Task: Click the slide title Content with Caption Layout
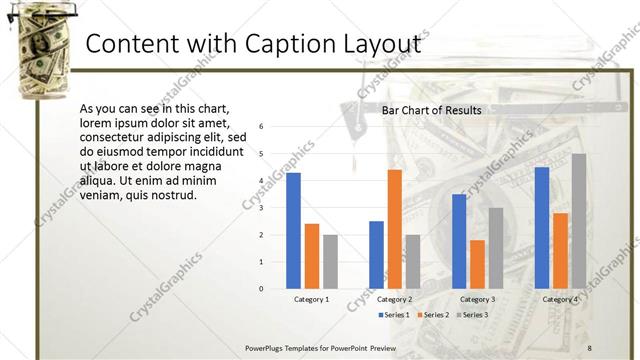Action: click(x=251, y=45)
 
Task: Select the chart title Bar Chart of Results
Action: click(x=432, y=110)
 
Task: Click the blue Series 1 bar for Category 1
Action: click(x=293, y=230)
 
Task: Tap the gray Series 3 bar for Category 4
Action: click(x=578, y=221)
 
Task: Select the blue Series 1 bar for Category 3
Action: click(x=459, y=241)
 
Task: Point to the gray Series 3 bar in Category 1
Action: click(x=330, y=261)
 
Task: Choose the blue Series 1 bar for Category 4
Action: click(x=542, y=227)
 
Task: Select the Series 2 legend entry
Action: click(x=432, y=315)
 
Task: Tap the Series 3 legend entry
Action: click(x=471, y=315)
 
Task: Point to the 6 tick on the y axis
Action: click(x=261, y=127)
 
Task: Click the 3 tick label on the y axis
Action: click(x=261, y=208)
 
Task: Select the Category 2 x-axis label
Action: click(x=394, y=299)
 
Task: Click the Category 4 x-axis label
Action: click(x=560, y=299)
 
